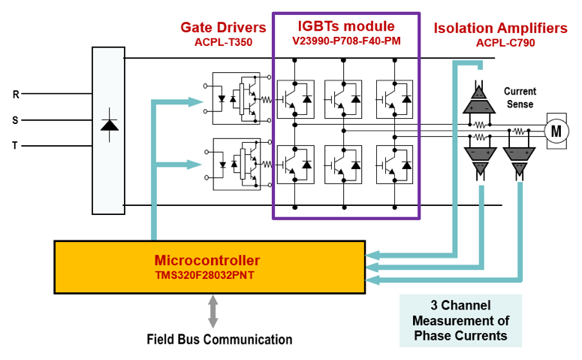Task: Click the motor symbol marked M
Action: coord(556,131)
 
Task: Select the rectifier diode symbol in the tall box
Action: coord(110,126)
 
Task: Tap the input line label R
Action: coord(16,95)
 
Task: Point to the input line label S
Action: coord(15,120)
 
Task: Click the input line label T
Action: coord(15,146)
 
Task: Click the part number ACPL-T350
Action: coord(224,42)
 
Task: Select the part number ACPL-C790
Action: coord(505,43)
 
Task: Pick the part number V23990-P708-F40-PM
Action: coord(346,41)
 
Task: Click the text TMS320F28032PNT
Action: coord(204,275)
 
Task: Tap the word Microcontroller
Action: coord(207,261)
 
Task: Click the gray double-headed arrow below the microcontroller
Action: coord(213,312)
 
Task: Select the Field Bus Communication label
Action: coord(219,339)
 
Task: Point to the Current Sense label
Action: coord(520,98)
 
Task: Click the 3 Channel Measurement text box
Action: coord(460,321)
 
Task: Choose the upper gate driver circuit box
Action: coord(236,98)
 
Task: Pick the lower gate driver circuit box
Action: coord(237,164)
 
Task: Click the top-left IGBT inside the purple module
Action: coord(296,99)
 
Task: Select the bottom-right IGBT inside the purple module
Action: coord(394,165)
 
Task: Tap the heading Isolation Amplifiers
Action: coord(500,29)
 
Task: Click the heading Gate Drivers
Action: coord(223,28)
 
